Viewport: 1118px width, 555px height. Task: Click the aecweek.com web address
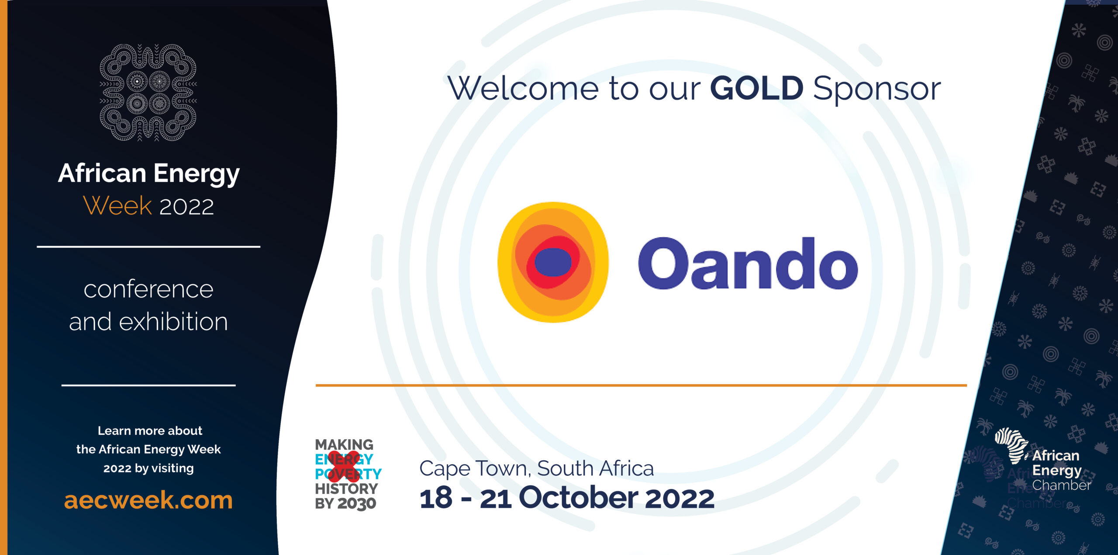tap(148, 500)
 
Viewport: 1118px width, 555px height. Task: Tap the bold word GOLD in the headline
tap(756, 88)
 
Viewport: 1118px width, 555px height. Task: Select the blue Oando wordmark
tap(748, 263)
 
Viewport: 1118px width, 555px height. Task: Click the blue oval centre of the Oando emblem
tap(553, 262)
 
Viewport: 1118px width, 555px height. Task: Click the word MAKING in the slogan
tap(344, 444)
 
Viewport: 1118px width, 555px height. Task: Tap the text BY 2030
tap(345, 503)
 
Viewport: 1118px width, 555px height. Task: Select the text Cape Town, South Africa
tap(536, 468)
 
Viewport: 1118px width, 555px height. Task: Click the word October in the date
tap(578, 498)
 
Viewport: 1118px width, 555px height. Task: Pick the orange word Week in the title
tap(117, 206)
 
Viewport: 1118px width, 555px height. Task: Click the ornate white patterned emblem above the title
tap(148, 92)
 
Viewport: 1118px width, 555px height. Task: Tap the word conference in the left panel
tap(148, 289)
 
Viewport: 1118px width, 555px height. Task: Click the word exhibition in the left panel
tap(173, 322)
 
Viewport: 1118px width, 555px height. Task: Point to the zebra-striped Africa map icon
tap(1011, 445)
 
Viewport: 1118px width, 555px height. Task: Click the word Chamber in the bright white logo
tap(1061, 486)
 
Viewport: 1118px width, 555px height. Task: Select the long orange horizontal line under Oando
tap(641, 385)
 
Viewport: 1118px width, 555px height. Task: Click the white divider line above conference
tap(148, 247)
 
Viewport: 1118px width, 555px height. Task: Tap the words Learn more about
tap(150, 431)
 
